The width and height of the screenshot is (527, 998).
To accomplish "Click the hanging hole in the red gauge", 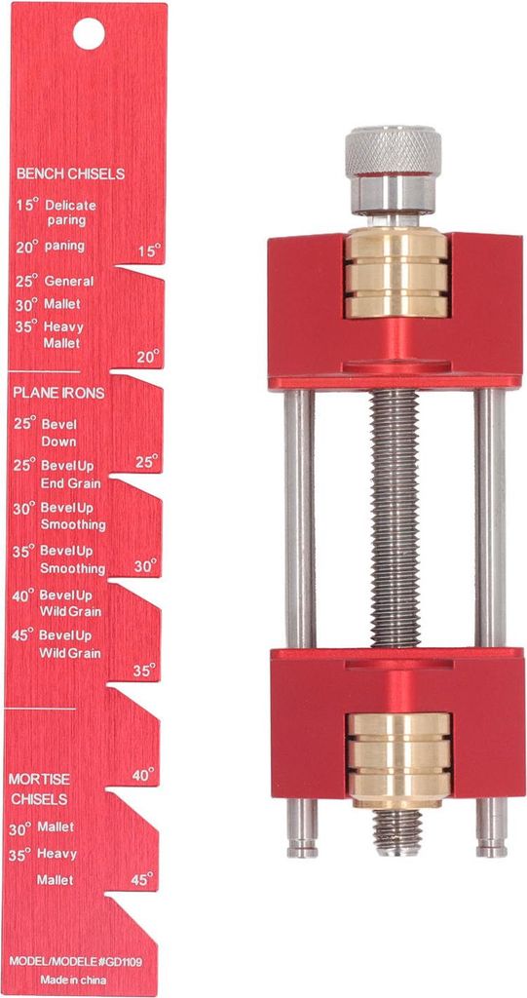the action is click(89, 34).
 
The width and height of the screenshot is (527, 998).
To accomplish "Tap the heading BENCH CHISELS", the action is click(71, 173).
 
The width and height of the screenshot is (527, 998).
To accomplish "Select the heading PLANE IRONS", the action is click(59, 394).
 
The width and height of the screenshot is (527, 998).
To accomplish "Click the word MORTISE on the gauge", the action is click(40, 780).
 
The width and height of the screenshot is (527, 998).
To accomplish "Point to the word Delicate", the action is click(71, 206).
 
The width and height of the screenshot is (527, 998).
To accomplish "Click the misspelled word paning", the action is click(64, 247).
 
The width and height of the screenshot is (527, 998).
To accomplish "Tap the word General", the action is click(69, 282).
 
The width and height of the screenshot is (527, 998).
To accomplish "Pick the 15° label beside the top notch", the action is click(150, 250).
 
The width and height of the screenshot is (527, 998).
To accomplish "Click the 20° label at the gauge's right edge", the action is click(148, 357).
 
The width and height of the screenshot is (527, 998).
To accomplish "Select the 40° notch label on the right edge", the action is click(143, 775).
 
